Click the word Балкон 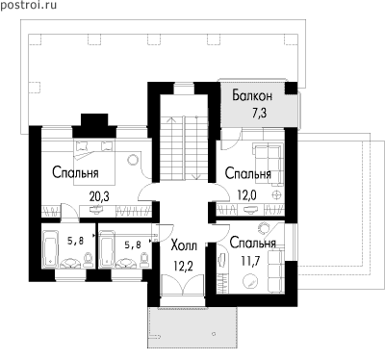(x=252, y=95)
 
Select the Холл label (x=184, y=246)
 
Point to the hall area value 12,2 (x=183, y=266)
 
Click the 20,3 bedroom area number (x=99, y=196)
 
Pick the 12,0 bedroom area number (x=246, y=194)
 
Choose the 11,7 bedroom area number (x=250, y=260)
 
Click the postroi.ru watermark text (x=29, y=5)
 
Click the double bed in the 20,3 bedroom (x=94, y=162)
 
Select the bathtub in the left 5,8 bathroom (x=50, y=248)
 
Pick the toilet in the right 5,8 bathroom (x=144, y=259)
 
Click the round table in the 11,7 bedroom (x=250, y=282)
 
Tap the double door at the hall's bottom (x=182, y=284)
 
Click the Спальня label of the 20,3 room (x=75, y=172)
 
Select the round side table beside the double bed (x=132, y=160)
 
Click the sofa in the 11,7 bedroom (x=275, y=270)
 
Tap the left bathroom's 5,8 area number (x=76, y=241)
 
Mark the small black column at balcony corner (x=292, y=89)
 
